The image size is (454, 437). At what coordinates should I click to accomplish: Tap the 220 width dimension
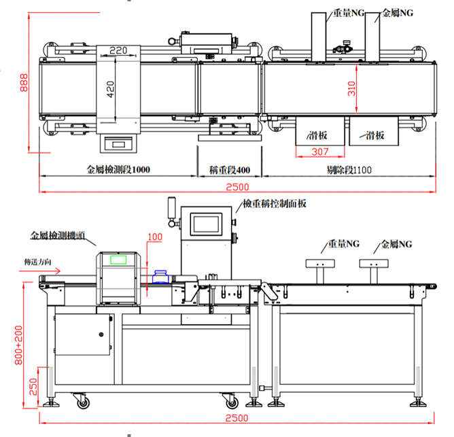(x=118, y=50)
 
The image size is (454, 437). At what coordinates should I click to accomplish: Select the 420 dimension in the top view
(x=111, y=86)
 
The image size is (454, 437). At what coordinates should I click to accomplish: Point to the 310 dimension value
(x=352, y=88)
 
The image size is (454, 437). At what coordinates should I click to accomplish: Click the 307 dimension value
(x=319, y=152)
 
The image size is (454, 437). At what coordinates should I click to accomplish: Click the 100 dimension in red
(x=156, y=237)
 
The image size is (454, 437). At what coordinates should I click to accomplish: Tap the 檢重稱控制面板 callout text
(x=275, y=203)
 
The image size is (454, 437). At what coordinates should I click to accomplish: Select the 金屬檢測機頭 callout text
(x=58, y=236)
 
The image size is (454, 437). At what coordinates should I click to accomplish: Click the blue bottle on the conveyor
(x=161, y=276)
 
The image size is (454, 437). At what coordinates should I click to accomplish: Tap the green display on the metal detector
(x=119, y=259)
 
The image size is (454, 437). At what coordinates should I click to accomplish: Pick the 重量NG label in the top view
(x=349, y=13)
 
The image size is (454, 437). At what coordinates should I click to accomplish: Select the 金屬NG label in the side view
(x=396, y=243)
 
